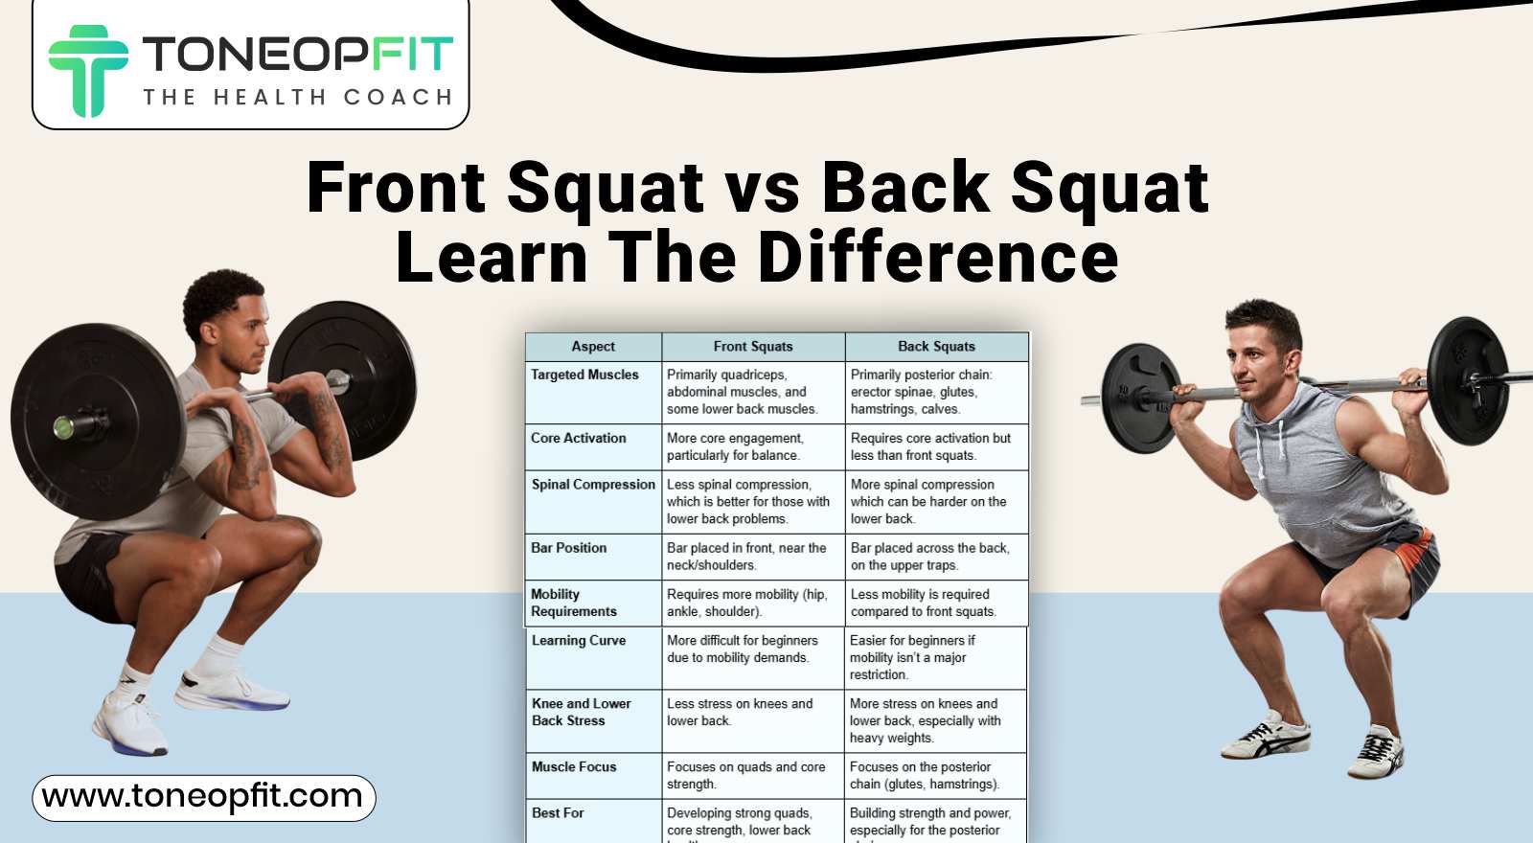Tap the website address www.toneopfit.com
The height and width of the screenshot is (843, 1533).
click(202, 797)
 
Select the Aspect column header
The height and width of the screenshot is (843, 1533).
click(593, 347)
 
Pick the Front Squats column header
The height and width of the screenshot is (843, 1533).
click(753, 347)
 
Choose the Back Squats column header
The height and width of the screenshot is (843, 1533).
click(936, 347)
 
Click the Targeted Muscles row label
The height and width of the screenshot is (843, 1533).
click(584, 375)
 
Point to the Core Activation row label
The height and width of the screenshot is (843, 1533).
click(579, 438)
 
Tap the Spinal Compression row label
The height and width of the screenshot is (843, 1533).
click(593, 485)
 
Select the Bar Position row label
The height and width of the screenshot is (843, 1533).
click(569, 548)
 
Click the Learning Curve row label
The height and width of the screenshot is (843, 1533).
click(579, 641)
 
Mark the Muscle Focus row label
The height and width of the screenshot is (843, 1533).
click(574, 767)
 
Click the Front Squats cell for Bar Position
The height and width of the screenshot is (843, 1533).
click(746, 557)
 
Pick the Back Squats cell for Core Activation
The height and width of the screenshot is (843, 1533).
click(930, 446)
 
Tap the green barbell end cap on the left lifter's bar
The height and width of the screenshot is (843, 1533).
click(64, 426)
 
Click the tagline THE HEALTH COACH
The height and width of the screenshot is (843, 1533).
click(297, 97)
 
